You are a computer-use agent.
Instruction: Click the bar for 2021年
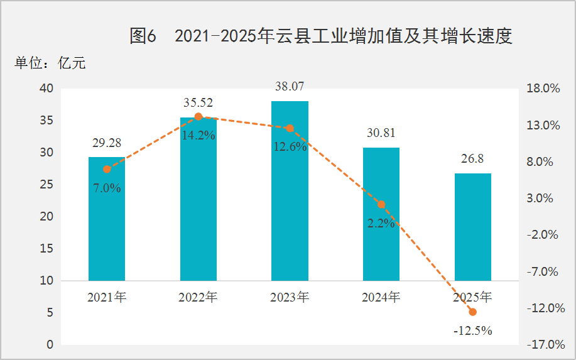coord(107,219)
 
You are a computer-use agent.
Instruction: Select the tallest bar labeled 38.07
coord(290,191)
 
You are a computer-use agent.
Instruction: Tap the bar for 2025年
coord(473,227)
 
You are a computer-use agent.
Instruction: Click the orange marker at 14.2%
coord(198,116)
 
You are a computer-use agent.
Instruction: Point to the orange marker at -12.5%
coord(473,312)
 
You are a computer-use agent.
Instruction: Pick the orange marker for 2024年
coord(381,204)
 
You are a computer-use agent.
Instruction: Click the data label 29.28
coord(107,143)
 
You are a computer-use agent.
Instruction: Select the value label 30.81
coord(381,133)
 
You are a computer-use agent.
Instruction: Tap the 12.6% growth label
coord(290,147)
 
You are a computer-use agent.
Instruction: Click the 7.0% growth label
coord(107,188)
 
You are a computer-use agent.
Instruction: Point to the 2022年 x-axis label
coord(198,297)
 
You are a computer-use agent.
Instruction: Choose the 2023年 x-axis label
coord(290,297)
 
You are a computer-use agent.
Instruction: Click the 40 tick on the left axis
coord(46,89)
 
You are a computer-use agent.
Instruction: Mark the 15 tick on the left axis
coord(46,249)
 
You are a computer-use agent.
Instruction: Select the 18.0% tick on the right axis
coord(543,89)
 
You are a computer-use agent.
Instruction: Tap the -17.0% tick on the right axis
coord(546,344)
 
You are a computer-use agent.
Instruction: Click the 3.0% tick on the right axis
coord(540,199)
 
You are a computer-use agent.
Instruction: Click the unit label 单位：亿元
coord(50,63)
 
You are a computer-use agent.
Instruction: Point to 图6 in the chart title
coord(143,36)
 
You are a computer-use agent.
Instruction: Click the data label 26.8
coord(472,159)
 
